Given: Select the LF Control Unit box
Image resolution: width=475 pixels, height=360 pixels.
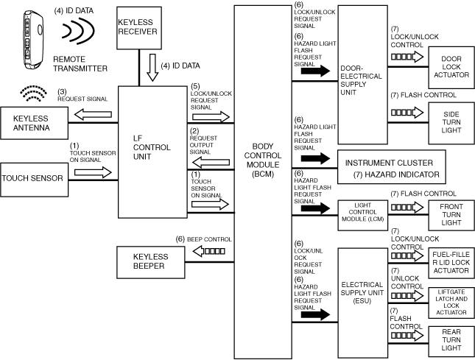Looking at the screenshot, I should click(x=152, y=151).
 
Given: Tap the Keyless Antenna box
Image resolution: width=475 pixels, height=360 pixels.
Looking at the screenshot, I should click(x=34, y=122).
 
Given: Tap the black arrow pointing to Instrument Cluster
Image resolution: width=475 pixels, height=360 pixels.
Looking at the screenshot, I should click(x=314, y=159).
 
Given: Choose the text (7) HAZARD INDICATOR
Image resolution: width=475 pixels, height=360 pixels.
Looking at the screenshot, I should click(x=395, y=174).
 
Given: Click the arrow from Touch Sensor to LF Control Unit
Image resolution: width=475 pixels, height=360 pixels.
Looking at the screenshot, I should click(x=92, y=172).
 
